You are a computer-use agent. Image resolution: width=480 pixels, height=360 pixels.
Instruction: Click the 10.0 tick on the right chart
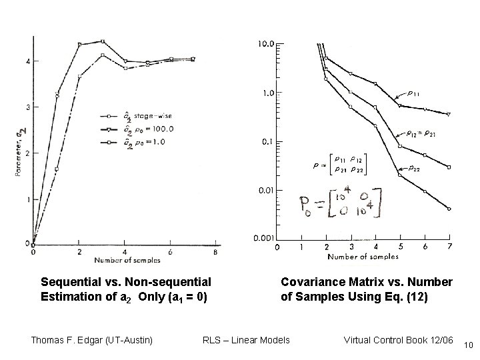(x=265, y=44)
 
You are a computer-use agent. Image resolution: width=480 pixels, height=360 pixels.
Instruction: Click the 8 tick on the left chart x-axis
(x=214, y=252)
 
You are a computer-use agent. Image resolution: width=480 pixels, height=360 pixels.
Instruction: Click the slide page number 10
(x=467, y=345)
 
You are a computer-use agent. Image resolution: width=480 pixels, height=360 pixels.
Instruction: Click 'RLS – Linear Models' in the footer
(x=246, y=340)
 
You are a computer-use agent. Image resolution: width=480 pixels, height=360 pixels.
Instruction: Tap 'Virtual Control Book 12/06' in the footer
(x=398, y=340)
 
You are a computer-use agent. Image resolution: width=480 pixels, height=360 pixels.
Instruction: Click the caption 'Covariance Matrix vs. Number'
(x=366, y=282)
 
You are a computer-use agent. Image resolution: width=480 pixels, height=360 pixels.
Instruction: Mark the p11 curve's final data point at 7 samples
(x=449, y=115)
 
